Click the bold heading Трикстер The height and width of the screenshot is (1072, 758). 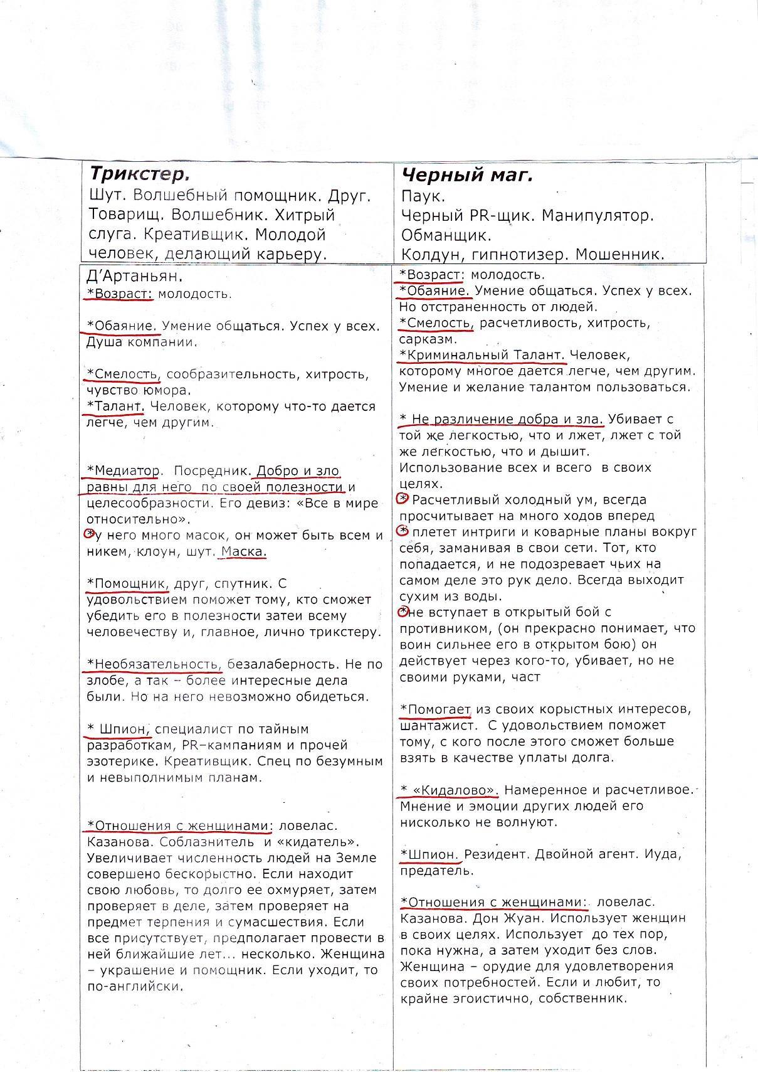pyautogui.click(x=139, y=174)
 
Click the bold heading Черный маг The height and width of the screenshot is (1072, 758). pyautogui.click(x=467, y=175)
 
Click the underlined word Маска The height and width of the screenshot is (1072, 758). pyautogui.click(x=244, y=552)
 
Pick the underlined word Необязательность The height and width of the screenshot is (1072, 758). pyautogui.click(x=154, y=664)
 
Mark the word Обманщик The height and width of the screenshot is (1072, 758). pyautogui.click(x=446, y=235)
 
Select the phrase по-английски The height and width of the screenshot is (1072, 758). pyautogui.click(x=134, y=987)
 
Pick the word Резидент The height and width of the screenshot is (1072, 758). pyautogui.click(x=495, y=854)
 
